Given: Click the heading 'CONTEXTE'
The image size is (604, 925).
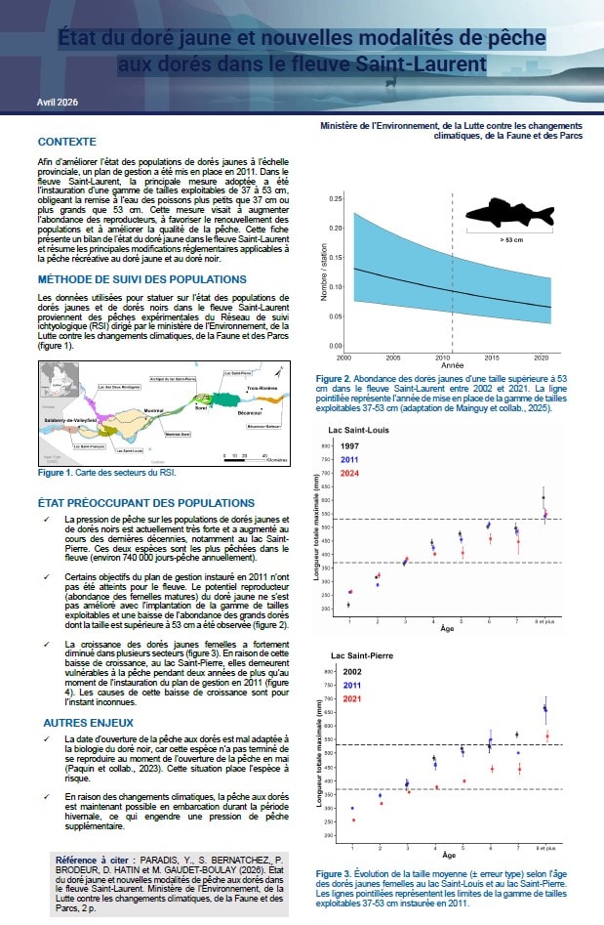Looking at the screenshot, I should [x=66, y=142].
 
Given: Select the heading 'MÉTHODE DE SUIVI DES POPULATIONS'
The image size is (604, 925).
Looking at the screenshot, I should [x=141, y=278].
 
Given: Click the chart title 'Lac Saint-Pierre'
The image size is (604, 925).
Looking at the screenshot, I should [x=361, y=654].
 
